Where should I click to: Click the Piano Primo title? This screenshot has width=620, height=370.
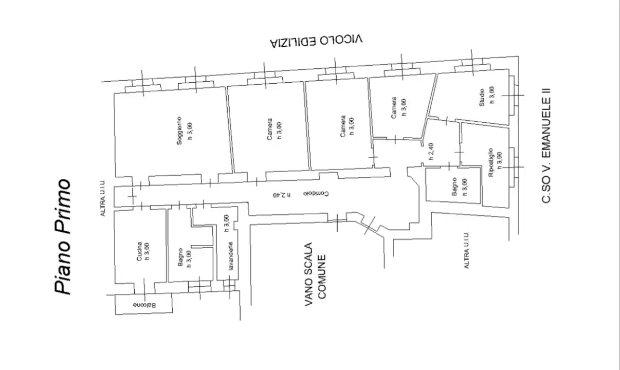click(63, 236)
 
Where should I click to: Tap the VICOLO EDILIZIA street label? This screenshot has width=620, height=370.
click(316, 41)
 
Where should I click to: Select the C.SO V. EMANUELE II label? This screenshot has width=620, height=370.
click(546, 145)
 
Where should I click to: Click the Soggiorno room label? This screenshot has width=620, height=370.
click(179, 131)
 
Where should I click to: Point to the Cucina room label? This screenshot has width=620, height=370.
click(139, 251)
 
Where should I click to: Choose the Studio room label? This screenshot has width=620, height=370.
click(482, 98)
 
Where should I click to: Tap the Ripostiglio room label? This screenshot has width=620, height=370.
click(491, 162)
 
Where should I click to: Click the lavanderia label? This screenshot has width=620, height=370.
click(230, 256)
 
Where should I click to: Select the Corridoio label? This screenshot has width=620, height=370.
click(316, 193)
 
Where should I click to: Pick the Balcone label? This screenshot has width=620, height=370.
click(144, 305)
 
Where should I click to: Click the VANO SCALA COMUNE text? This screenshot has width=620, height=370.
click(315, 274)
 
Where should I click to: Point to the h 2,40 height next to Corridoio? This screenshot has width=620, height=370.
click(282, 195)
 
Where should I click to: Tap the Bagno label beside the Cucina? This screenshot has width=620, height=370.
click(180, 257)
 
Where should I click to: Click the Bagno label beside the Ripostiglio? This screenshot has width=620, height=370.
click(454, 187)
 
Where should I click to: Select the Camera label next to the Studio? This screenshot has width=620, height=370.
click(394, 107)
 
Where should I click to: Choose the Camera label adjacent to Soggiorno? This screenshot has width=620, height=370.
click(269, 129)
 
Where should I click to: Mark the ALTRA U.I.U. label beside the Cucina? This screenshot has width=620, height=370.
click(103, 198)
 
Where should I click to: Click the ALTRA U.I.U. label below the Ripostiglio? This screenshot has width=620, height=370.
click(466, 250)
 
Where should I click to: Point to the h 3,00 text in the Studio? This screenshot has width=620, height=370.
click(492, 95)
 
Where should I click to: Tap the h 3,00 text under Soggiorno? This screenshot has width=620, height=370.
click(190, 131)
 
